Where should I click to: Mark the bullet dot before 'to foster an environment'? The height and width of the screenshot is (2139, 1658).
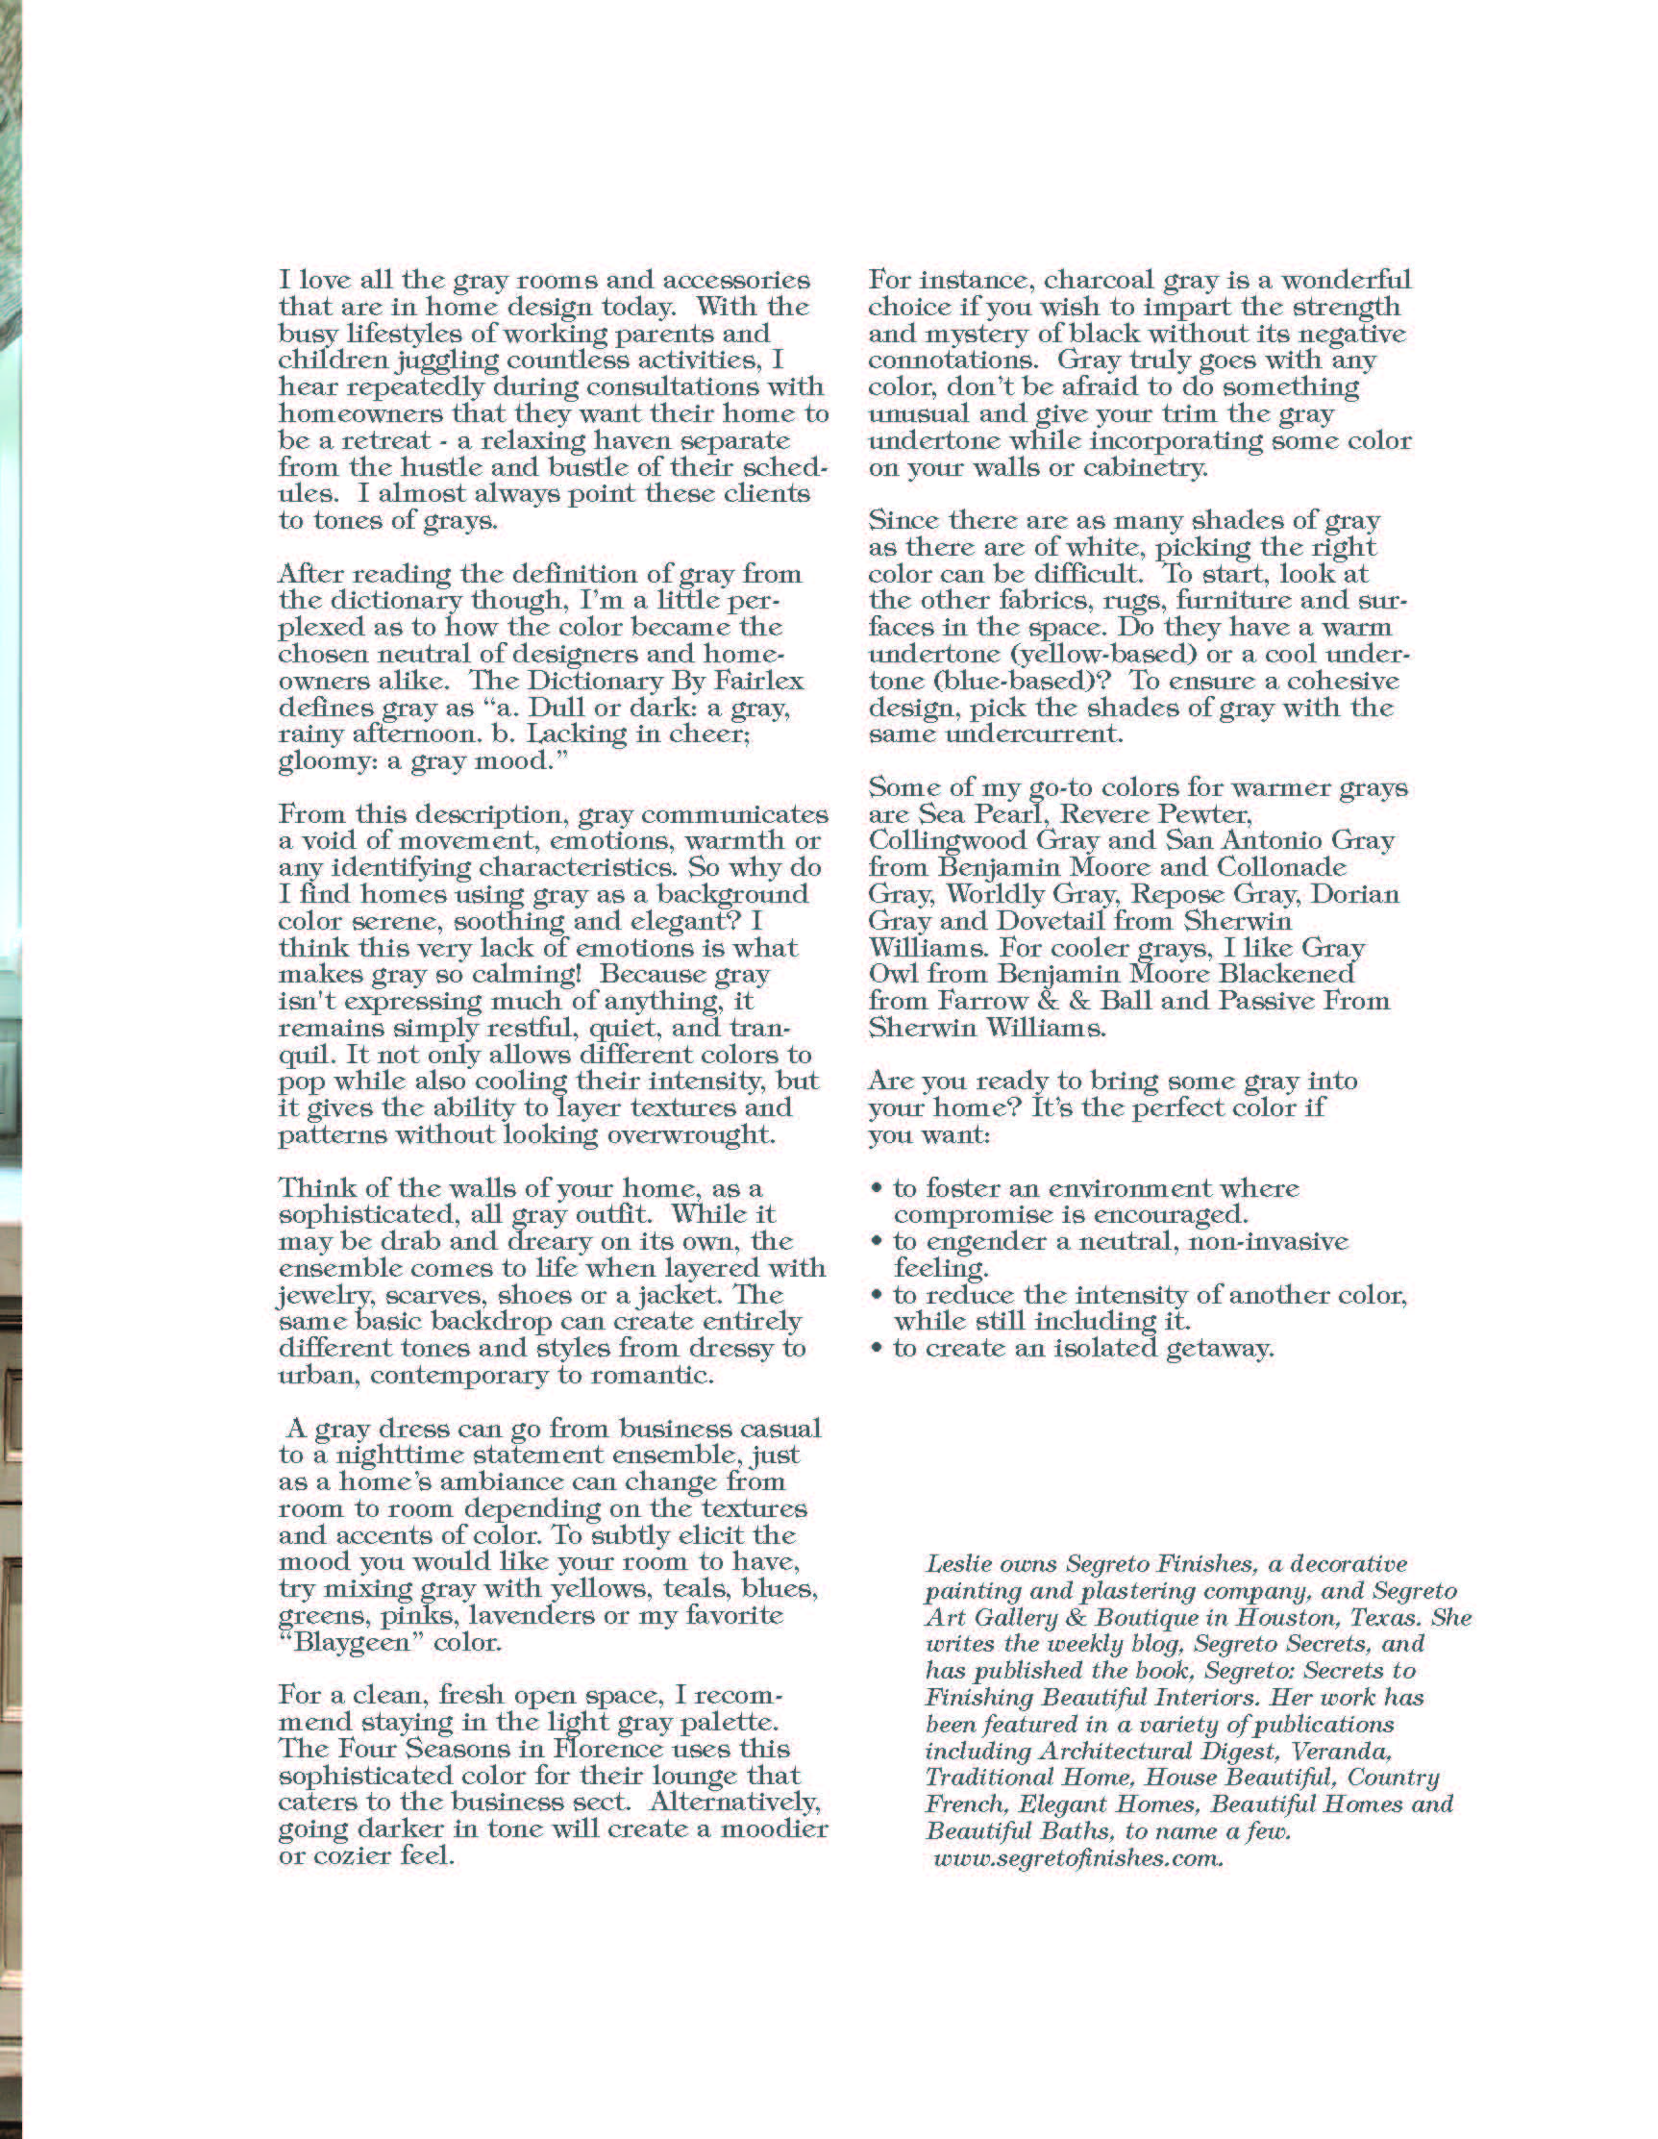[877, 1189]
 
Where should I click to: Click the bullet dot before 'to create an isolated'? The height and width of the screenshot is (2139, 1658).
[877, 1350]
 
